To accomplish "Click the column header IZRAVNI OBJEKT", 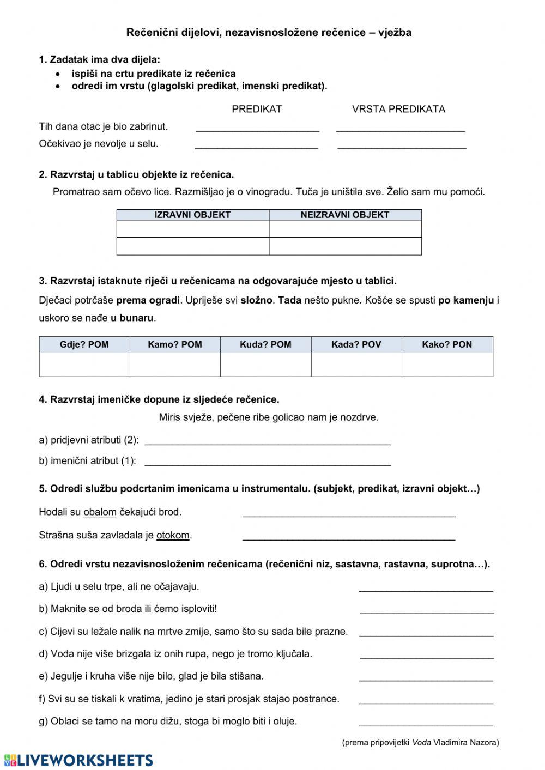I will [x=192, y=215].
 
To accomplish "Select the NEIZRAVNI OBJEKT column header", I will [x=345, y=215].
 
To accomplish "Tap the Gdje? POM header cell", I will [x=84, y=344].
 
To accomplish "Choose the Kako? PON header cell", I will [x=447, y=344].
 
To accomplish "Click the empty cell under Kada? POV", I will [x=356, y=365].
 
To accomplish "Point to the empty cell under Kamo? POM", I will [x=175, y=365].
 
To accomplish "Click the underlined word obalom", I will [x=100, y=512].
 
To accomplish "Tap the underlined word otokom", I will [x=173, y=536].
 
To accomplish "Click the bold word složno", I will [x=256, y=300].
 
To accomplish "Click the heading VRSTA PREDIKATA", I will [x=398, y=109].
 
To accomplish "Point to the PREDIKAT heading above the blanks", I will [x=257, y=109].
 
